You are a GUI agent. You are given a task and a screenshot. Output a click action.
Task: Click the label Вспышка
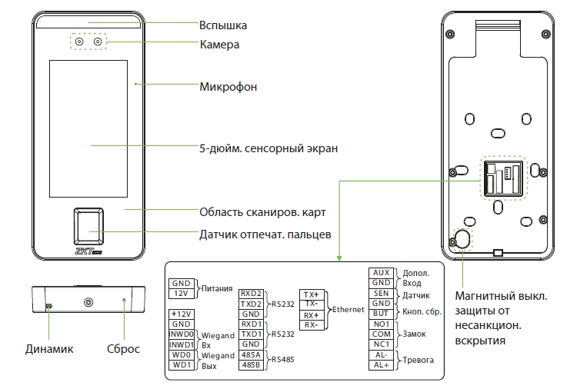(x=222, y=25)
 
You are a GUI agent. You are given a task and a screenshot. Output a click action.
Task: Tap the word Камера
(x=219, y=45)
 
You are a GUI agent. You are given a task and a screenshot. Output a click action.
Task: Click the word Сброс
(x=123, y=350)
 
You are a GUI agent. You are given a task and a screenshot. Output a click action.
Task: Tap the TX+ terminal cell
(x=312, y=295)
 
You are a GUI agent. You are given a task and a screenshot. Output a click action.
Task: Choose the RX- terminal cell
(x=312, y=325)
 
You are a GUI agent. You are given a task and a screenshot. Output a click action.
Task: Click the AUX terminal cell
(x=381, y=273)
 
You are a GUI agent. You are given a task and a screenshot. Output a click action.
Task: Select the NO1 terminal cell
(x=381, y=325)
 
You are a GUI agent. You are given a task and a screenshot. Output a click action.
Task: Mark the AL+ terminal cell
(x=381, y=365)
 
